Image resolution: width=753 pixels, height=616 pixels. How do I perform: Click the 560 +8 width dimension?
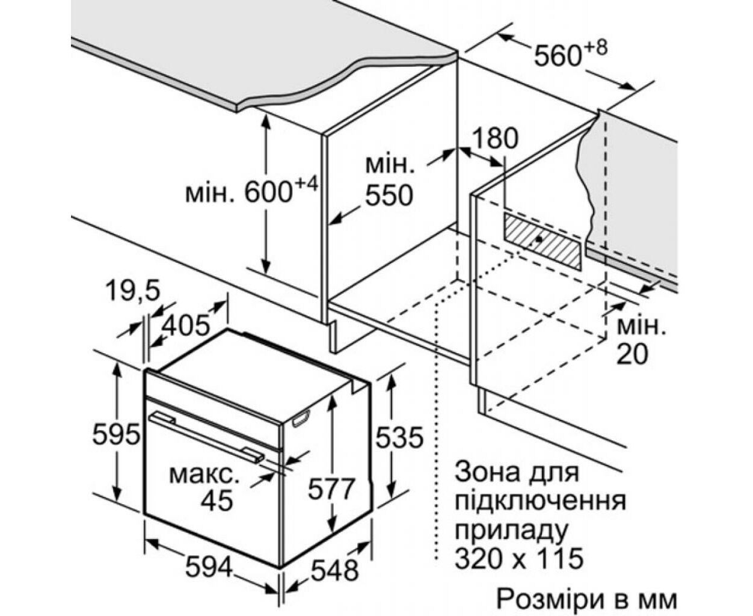[571, 52]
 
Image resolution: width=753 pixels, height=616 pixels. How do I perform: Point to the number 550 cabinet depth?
[390, 196]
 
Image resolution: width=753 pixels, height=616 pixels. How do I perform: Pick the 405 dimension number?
[185, 325]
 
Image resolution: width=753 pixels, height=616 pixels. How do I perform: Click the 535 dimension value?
[399, 437]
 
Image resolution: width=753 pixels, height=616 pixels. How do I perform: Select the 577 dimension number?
[331, 488]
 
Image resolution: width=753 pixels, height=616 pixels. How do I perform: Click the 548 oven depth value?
[334, 571]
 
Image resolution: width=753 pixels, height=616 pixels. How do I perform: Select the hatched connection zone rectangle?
[542, 241]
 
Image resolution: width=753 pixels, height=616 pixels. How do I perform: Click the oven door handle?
[207, 438]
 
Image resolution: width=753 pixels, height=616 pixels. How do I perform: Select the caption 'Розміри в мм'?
[586, 602]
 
